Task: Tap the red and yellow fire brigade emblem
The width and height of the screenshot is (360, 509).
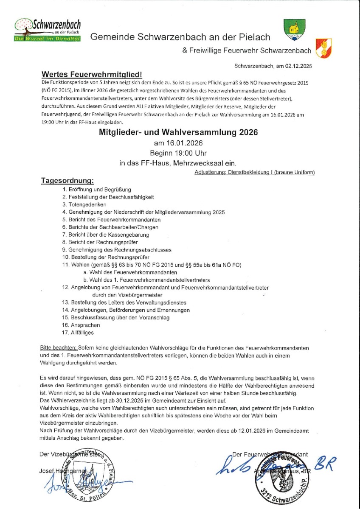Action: pyautogui.click(x=323, y=48)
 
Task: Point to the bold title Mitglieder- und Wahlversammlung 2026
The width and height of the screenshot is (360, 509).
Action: pyautogui.click(x=178, y=132)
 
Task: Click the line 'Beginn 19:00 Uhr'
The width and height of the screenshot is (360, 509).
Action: pyautogui.click(x=178, y=152)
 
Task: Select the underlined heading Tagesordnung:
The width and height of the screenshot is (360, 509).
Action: pyautogui.click(x=67, y=181)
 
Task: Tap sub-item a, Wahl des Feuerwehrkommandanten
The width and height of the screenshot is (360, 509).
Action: pyautogui.click(x=130, y=272)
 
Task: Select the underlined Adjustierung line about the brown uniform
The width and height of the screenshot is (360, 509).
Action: pyautogui.click(x=254, y=173)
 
